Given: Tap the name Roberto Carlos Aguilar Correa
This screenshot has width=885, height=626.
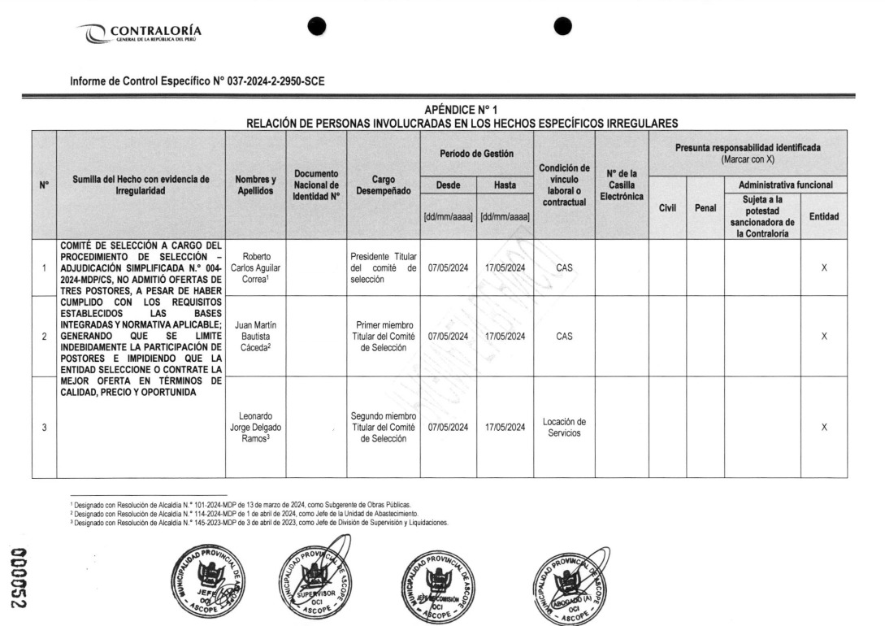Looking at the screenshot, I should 255,267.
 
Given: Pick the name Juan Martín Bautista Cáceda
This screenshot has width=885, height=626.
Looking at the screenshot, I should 255,336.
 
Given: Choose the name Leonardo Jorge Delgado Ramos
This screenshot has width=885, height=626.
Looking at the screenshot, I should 255,428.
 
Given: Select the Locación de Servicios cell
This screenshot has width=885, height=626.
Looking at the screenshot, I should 564,428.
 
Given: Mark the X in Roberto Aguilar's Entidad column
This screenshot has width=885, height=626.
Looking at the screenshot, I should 824,267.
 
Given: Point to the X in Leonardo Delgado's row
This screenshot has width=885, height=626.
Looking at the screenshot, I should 824,428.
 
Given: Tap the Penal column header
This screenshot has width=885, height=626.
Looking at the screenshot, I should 705,208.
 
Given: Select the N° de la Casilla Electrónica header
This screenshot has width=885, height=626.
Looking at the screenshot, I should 621,185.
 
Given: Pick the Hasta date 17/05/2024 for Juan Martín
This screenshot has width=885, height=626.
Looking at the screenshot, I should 505,336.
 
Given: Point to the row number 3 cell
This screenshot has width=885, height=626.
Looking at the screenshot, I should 44,428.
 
